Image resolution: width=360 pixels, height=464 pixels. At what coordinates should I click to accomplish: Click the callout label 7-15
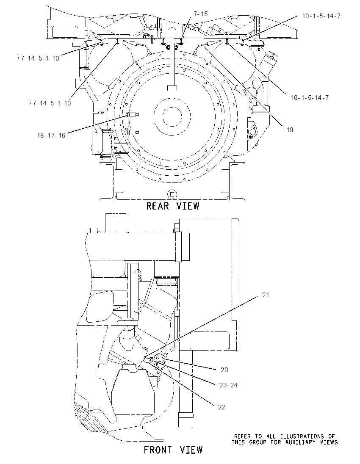coord(200,14)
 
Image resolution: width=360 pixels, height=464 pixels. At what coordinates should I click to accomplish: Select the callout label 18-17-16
coord(51,135)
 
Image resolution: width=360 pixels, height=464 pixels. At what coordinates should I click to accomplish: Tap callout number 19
coord(290,130)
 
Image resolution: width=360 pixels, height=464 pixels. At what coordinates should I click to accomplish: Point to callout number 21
coord(266,295)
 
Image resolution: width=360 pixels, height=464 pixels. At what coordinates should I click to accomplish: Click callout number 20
coord(224,370)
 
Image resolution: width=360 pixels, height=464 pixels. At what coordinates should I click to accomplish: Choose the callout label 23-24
coord(229,385)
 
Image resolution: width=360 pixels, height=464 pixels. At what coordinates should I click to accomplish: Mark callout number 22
coord(222,407)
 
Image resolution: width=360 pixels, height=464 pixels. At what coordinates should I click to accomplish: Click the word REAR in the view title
coord(158,206)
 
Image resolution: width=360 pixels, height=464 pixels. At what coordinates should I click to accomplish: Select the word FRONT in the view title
coord(158,450)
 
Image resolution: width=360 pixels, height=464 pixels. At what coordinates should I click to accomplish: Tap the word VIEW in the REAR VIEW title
coord(188,206)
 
